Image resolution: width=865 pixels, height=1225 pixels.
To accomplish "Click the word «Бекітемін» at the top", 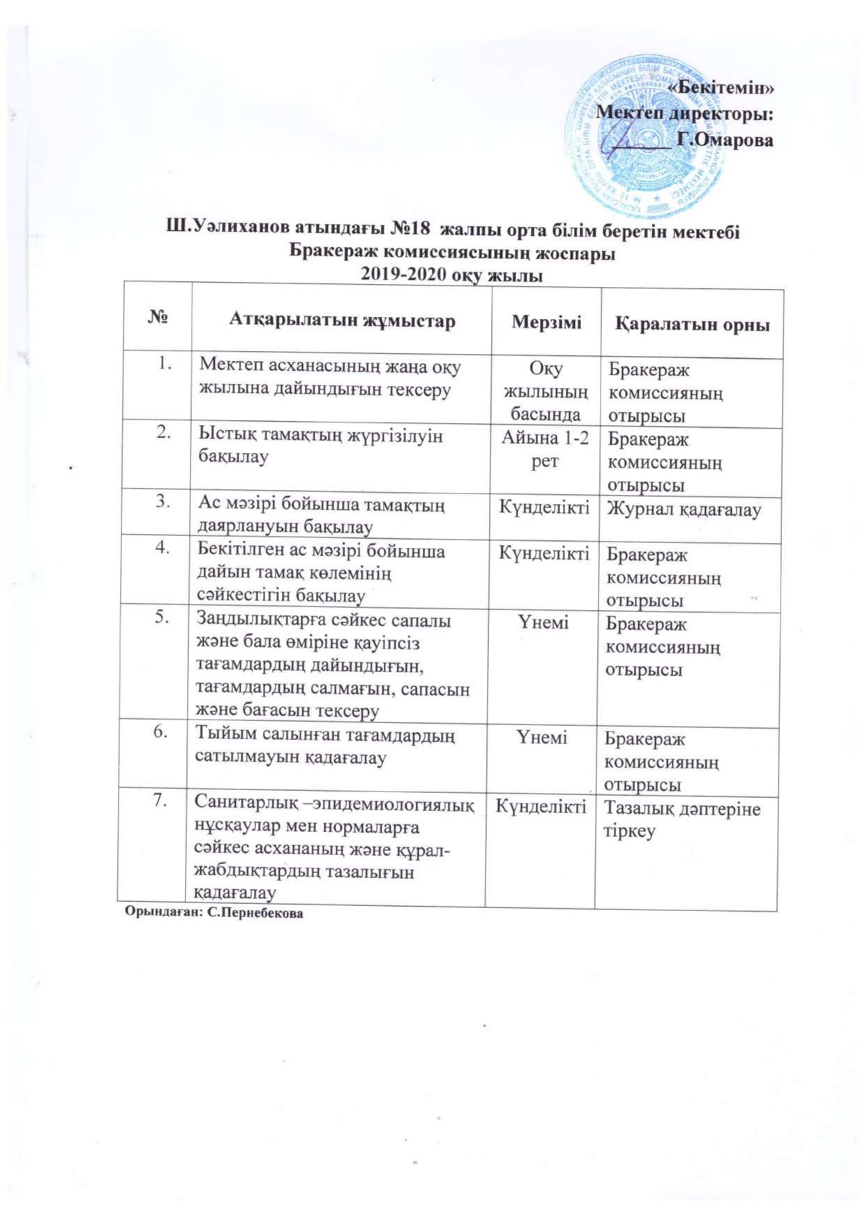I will tap(721, 89).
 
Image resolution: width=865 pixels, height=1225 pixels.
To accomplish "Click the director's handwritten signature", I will tap(628, 140).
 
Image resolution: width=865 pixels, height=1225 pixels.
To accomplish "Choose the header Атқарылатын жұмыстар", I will tap(342, 320).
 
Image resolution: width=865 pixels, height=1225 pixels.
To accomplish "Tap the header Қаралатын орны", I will tap(692, 324).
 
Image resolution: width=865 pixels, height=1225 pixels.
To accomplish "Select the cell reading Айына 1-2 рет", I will tap(545, 450).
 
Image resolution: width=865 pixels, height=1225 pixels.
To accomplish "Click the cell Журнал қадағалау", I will tap(684, 510).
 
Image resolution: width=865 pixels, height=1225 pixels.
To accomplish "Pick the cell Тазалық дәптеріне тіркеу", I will tap(682, 820).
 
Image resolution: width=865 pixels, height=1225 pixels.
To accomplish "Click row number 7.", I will tap(160, 801).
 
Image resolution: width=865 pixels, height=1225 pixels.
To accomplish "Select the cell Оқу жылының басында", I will tap(546, 391).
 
